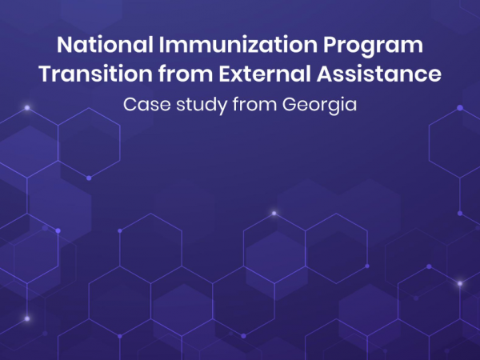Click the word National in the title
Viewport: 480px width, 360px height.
tap(105, 45)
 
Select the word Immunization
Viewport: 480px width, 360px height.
tap(238, 45)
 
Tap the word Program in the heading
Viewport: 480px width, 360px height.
tap(373, 46)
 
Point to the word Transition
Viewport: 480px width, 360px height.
tap(95, 74)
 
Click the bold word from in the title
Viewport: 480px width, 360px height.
tap(186, 74)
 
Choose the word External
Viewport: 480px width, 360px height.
tap(265, 74)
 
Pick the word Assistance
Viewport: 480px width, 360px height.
tap(379, 74)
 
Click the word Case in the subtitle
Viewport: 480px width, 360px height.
tap(147, 104)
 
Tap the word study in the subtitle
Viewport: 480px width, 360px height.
tap(202, 106)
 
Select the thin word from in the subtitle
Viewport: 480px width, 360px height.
tap(254, 104)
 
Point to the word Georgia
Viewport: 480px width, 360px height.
tap(319, 106)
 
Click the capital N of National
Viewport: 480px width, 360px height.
tap(64, 45)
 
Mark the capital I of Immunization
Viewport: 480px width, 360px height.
tap(162, 45)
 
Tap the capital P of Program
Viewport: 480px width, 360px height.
tap(330, 45)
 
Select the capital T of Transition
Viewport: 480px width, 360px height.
tap(46, 74)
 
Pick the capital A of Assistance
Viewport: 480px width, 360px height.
tap(325, 74)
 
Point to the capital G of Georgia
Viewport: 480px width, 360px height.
tap(290, 104)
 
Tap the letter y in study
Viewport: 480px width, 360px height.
tap(222, 108)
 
